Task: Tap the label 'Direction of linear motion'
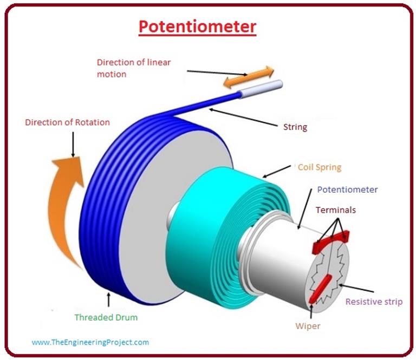(x=134, y=68)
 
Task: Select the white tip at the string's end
(x=262, y=88)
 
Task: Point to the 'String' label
(x=295, y=127)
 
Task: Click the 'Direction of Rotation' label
(x=67, y=122)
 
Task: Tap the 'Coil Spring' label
(x=320, y=167)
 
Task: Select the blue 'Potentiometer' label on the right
(x=347, y=189)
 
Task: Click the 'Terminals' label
(x=336, y=210)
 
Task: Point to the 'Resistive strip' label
(x=374, y=302)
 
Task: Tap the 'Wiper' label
(x=307, y=326)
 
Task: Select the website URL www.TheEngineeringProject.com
(x=90, y=342)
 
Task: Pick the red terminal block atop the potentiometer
(x=330, y=241)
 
